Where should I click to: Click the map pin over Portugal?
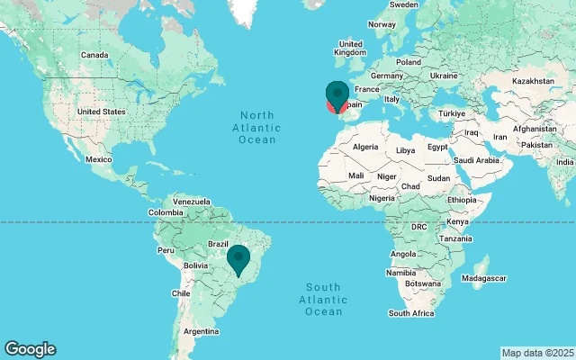[337, 94]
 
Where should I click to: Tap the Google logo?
[30, 349]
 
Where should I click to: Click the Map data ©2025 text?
[536, 352]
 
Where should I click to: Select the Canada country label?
[94, 55]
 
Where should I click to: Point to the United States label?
[101, 112]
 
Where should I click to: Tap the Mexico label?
[98, 159]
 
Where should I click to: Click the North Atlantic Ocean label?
[257, 127]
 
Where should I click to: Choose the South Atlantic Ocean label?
[323, 300]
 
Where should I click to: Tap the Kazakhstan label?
[533, 81]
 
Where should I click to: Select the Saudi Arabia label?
[476, 161]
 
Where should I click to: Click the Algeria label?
[365, 147]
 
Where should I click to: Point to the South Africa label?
[411, 313]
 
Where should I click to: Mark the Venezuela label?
[191, 201]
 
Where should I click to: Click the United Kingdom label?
[349, 48]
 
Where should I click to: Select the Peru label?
[166, 249]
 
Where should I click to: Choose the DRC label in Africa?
[419, 227]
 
